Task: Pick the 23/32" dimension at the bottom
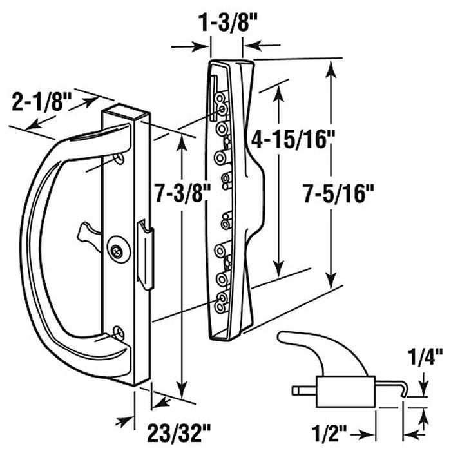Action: [x=177, y=428]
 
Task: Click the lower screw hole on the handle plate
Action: [x=118, y=332]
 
